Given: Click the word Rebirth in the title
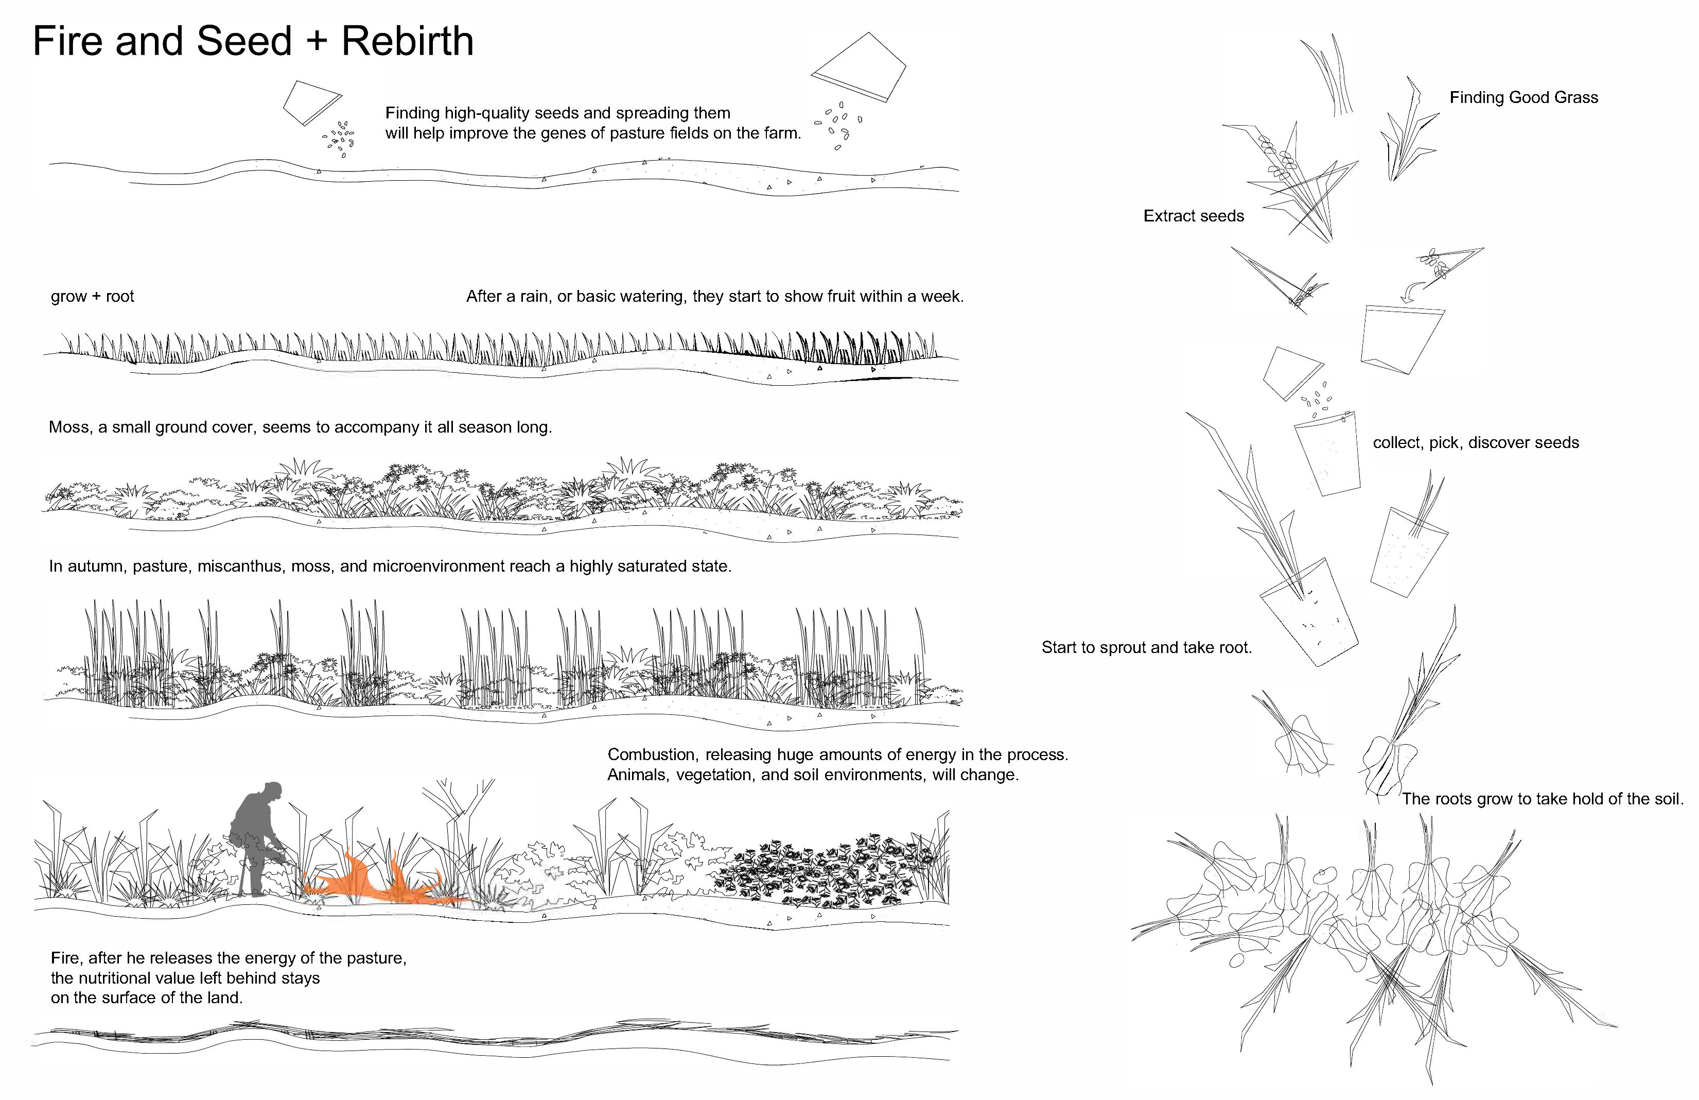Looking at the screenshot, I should (x=407, y=41).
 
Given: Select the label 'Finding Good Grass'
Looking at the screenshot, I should (x=1523, y=98).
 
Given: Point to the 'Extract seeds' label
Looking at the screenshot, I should (x=1193, y=216).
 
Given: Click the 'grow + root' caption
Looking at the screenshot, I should (x=92, y=297).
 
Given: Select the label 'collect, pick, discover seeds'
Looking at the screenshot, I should (x=1476, y=443).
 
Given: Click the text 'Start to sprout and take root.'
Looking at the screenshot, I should (x=1146, y=648).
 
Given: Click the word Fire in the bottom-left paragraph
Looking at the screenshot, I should (x=65, y=958).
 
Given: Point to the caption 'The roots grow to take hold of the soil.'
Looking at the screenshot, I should (x=1542, y=799).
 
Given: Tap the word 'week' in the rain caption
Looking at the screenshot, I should (x=941, y=297).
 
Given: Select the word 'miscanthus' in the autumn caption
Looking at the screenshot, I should (x=238, y=567).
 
